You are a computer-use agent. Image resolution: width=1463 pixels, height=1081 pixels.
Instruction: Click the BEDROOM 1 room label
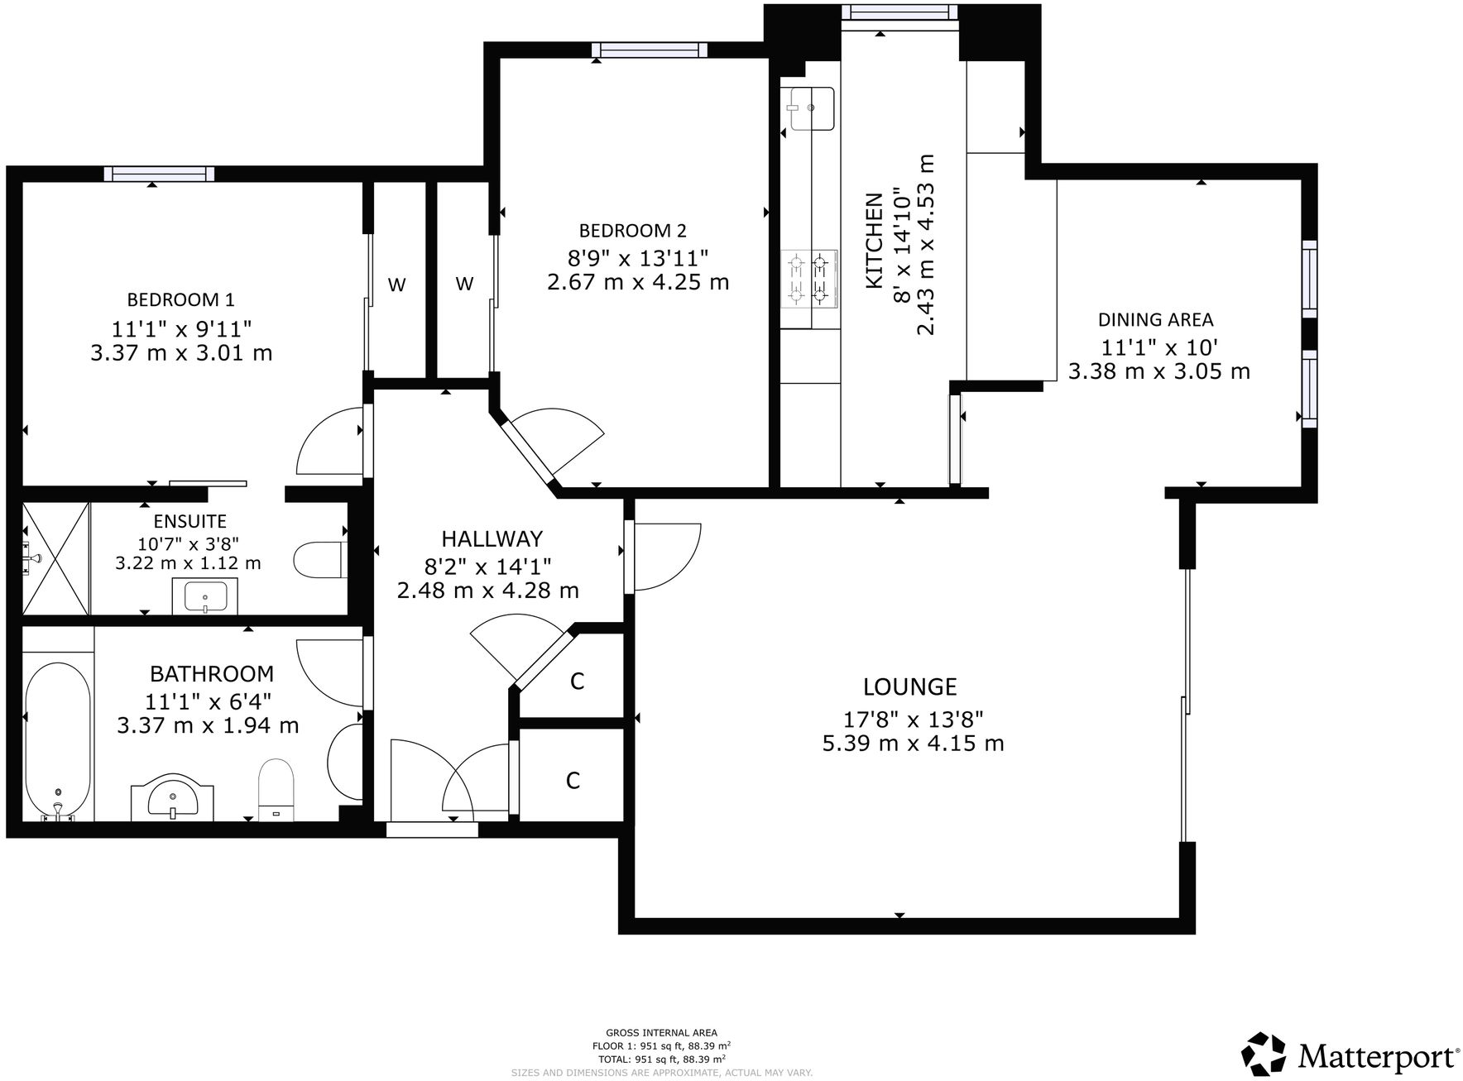point(180,299)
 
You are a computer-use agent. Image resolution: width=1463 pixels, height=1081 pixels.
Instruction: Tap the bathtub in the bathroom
point(57,739)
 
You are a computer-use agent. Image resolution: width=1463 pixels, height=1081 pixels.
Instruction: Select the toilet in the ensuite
point(319,560)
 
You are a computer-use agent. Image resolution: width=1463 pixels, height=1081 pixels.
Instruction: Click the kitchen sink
point(810,108)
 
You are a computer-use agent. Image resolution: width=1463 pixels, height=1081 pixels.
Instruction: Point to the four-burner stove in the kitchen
point(808,279)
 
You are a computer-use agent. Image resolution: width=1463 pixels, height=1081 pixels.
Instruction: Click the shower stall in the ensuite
point(55,558)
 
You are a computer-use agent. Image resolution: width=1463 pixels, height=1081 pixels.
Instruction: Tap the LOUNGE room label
point(909,686)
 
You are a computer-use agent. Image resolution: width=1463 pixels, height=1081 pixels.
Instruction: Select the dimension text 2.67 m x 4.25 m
point(637,282)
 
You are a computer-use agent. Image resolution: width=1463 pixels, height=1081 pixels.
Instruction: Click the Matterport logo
point(1350,1055)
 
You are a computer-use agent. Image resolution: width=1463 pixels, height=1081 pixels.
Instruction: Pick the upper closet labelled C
point(577,680)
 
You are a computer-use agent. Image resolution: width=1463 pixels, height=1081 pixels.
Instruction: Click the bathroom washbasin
point(173,797)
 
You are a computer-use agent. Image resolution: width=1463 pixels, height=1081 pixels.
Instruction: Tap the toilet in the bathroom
point(276,789)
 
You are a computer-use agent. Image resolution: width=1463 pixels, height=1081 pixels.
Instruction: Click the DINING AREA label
point(1155,319)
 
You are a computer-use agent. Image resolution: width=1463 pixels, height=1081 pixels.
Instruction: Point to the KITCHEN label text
point(874,241)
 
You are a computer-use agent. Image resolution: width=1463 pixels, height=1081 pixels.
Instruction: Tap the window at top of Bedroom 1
point(159,174)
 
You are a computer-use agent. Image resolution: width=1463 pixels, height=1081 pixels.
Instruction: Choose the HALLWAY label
point(492,539)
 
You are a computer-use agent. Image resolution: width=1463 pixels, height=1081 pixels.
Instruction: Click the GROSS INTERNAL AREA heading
point(661,1032)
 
